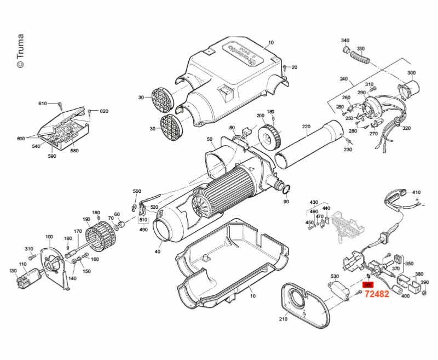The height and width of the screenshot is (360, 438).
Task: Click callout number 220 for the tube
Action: click(306, 127)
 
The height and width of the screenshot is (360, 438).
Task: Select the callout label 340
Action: click(345, 41)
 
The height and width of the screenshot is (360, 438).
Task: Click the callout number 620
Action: click(104, 111)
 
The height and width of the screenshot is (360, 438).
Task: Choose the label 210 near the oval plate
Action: click(283, 319)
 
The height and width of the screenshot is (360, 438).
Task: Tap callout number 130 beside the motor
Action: click(13, 271)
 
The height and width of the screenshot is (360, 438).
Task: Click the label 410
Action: click(417, 192)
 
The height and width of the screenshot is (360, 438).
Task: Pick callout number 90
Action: click(286, 202)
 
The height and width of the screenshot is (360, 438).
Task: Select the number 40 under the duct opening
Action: click(158, 252)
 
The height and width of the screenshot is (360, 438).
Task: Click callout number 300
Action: click(411, 73)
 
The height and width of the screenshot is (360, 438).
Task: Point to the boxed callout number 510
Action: click(143, 220)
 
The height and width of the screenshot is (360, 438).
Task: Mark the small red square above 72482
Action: click(368, 285)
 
